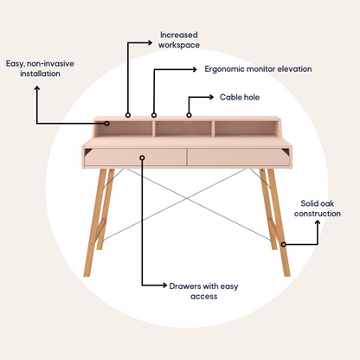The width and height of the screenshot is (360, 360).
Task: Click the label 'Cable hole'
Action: pyautogui.click(x=240, y=97)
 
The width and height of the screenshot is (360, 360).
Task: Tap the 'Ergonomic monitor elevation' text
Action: pyautogui.click(x=258, y=69)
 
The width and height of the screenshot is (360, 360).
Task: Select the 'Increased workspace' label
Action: pyautogui.click(x=179, y=40)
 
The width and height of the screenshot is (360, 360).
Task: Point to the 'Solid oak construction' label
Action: pyautogui.click(x=318, y=209)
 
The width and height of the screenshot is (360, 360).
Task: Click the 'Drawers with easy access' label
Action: pyautogui.click(x=203, y=291)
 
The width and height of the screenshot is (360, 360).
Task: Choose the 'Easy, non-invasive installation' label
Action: pyautogui.click(x=40, y=68)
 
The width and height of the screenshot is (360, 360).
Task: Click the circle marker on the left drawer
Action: pyautogui.click(x=142, y=157)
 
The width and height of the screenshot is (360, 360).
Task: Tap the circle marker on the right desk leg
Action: pyautogui.click(x=284, y=244)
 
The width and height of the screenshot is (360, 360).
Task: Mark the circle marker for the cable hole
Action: pyautogui.click(x=189, y=115)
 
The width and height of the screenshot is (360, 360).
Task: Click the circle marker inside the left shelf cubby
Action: pyautogui.click(x=107, y=124)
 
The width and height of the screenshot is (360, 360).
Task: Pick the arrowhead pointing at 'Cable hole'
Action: pyautogui.click(x=211, y=97)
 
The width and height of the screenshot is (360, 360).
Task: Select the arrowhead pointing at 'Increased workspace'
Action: pyautogui.click(x=150, y=42)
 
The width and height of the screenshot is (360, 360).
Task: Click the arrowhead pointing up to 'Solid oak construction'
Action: pyautogui.click(x=318, y=222)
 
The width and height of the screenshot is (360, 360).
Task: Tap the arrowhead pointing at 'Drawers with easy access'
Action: pyautogui.click(x=164, y=286)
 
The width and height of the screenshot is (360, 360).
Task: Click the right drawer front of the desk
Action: pyautogui.click(x=238, y=157)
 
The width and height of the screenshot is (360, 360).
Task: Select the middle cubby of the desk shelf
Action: pyautogui.click(x=183, y=129)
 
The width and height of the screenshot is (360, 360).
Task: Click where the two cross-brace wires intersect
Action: pyautogui.click(x=187, y=198)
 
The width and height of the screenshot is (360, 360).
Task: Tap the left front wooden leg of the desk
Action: pyautogui.click(x=95, y=222)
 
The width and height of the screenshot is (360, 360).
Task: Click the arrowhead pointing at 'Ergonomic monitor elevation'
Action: pyautogui.click(x=195, y=69)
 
